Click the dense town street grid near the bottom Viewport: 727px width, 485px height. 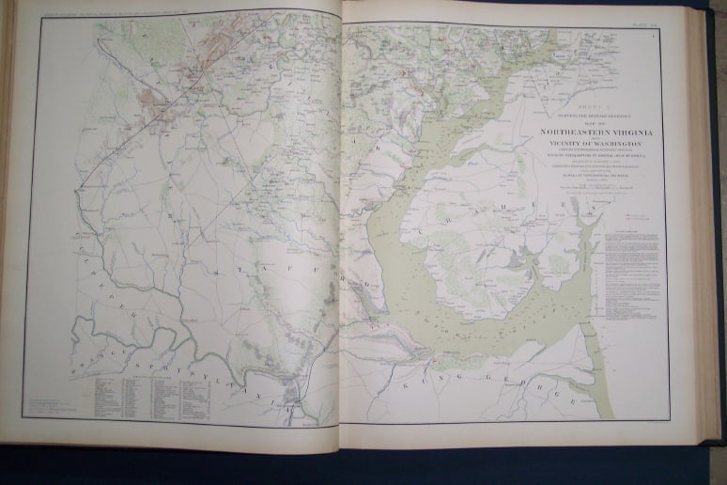(x=299, y=387)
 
